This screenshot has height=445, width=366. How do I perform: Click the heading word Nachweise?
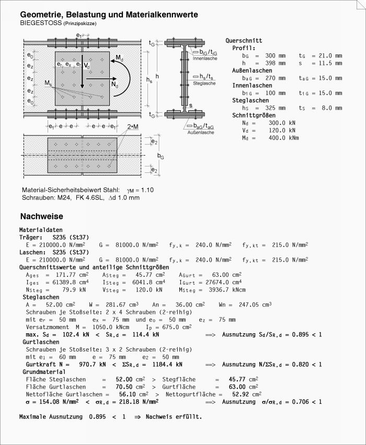click(42, 216)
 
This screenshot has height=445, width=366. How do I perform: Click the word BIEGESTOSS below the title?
click(37, 24)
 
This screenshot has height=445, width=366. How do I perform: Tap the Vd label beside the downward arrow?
click(87, 66)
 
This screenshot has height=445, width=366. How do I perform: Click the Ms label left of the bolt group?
click(48, 84)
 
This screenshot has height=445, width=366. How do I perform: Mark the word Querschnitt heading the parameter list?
click(244, 40)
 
